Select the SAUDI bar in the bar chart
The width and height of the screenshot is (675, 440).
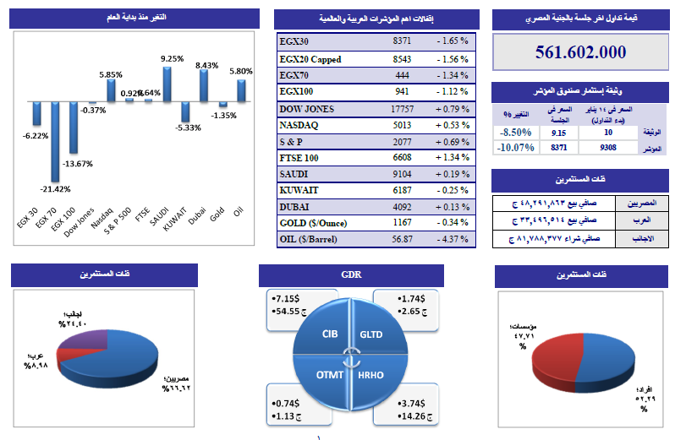pyautogui.click(x=167, y=84)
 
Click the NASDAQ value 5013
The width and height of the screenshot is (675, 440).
pyautogui.click(x=402, y=125)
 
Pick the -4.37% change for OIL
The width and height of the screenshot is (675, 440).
pyautogui.click(x=452, y=239)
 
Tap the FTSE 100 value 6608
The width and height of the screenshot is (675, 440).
pyautogui.click(x=402, y=156)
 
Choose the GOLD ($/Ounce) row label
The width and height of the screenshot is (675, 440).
pyautogui.click(x=314, y=222)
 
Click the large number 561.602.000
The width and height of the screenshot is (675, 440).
pyautogui.click(x=581, y=52)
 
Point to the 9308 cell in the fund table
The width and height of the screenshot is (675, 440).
pyautogui.click(x=607, y=148)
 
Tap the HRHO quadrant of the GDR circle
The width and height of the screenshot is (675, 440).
pyautogui.click(x=370, y=374)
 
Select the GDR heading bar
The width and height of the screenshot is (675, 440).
pyautogui.click(x=351, y=274)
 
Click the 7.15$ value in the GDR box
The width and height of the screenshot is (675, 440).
pyautogui.click(x=284, y=300)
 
